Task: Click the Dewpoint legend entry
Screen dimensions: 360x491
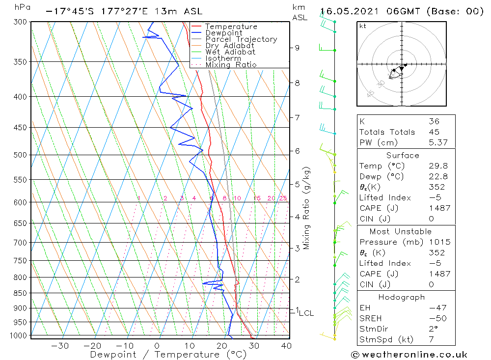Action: (223, 33)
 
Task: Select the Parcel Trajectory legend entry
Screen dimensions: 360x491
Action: (241, 39)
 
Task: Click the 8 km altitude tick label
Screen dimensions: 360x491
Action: (297, 83)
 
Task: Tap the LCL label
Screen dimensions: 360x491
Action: (306, 313)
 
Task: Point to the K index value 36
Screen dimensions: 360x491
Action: (434, 121)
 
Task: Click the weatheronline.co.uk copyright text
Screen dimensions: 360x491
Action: (409, 355)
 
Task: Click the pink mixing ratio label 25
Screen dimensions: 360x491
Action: (283, 198)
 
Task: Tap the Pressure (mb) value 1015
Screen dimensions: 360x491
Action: (436, 242)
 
